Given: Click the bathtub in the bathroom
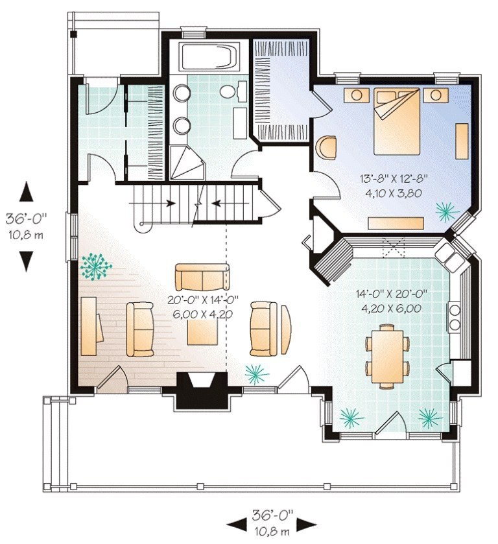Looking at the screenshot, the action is click(x=208, y=57).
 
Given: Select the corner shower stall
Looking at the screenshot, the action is click(x=187, y=163).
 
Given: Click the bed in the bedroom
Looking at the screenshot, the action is click(x=397, y=121).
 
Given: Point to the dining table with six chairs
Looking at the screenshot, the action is click(x=387, y=357).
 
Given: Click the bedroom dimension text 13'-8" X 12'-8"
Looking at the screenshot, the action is click(x=394, y=180).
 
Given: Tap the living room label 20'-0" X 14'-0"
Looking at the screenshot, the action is click(x=203, y=300).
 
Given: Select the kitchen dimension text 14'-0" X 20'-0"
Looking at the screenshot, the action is click(x=391, y=294).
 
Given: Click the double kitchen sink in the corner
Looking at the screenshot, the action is click(x=449, y=257).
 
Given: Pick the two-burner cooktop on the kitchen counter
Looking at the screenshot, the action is click(x=455, y=318).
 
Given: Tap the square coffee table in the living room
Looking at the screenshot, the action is click(x=203, y=332).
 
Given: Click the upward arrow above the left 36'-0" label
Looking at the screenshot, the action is click(x=27, y=194).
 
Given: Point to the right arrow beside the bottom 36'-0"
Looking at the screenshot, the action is click(x=307, y=524).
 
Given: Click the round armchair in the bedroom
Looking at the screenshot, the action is click(x=326, y=148).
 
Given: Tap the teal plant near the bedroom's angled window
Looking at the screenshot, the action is click(x=447, y=211).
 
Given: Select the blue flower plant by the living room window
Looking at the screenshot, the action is click(x=95, y=266).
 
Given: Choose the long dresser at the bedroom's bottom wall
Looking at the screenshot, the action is click(x=396, y=223).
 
